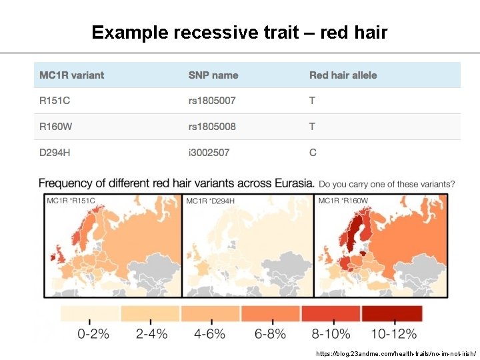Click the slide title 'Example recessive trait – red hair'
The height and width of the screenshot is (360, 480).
(x=239, y=32)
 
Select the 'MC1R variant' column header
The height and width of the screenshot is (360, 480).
(x=71, y=75)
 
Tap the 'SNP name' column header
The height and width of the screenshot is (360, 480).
(x=213, y=75)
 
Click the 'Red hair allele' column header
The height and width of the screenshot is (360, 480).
(x=343, y=75)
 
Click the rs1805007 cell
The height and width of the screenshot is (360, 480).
(x=212, y=101)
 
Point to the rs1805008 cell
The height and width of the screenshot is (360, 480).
(x=212, y=127)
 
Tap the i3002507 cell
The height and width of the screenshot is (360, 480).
(x=209, y=153)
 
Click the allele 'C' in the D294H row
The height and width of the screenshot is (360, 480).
(x=313, y=153)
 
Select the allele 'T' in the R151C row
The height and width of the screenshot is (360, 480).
(x=312, y=101)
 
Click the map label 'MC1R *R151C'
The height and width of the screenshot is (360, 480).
(x=71, y=200)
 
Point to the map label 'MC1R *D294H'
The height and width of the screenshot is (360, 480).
(x=210, y=200)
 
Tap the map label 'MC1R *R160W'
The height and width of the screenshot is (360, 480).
(x=344, y=200)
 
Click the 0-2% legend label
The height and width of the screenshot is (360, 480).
(x=93, y=334)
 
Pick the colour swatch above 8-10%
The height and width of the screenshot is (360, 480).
(x=331, y=313)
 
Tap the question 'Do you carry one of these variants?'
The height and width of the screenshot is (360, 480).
(x=387, y=183)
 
